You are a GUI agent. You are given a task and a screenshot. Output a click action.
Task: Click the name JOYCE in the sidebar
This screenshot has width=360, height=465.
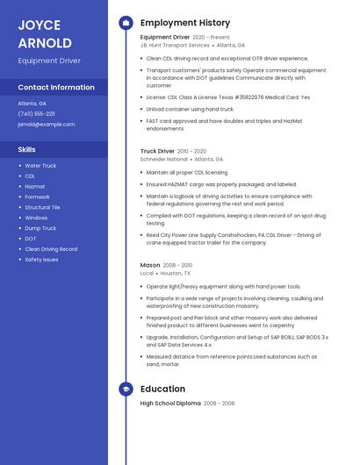(40, 25)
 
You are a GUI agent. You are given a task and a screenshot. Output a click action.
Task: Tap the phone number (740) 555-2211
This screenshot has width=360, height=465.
(36, 113)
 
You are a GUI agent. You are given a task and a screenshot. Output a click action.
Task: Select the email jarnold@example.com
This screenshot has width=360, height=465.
(46, 125)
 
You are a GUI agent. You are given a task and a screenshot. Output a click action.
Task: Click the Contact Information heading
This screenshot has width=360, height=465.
(56, 88)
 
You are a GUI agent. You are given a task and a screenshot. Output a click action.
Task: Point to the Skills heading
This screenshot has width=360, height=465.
(26, 149)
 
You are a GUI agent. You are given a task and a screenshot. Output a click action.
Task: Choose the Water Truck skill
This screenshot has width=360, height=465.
(40, 166)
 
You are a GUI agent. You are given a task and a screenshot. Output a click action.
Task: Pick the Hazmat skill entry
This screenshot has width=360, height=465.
(35, 187)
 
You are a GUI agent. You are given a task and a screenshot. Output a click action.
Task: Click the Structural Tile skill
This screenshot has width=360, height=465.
(42, 208)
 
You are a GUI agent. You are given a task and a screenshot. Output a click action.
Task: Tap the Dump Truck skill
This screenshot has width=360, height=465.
(40, 228)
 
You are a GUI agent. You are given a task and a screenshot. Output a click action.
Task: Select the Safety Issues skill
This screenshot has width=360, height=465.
(41, 260)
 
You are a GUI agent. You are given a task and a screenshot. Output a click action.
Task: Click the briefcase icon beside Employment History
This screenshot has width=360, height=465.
(126, 23)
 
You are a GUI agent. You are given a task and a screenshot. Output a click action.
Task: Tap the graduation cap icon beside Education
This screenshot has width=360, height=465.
(126, 389)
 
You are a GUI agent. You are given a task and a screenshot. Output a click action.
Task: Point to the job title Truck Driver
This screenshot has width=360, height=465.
(157, 151)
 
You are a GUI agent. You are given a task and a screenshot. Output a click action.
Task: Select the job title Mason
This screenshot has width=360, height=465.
(150, 265)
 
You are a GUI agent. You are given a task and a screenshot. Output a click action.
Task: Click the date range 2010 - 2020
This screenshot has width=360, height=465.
(192, 151)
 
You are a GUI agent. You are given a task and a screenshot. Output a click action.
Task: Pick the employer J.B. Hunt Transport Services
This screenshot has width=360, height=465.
(175, 45)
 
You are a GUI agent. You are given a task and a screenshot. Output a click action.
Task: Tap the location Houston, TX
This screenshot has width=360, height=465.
(177, 273)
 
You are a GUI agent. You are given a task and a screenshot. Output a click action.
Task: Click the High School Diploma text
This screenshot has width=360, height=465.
(170, 404)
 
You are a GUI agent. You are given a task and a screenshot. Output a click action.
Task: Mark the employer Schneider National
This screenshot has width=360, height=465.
(164, 159)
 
